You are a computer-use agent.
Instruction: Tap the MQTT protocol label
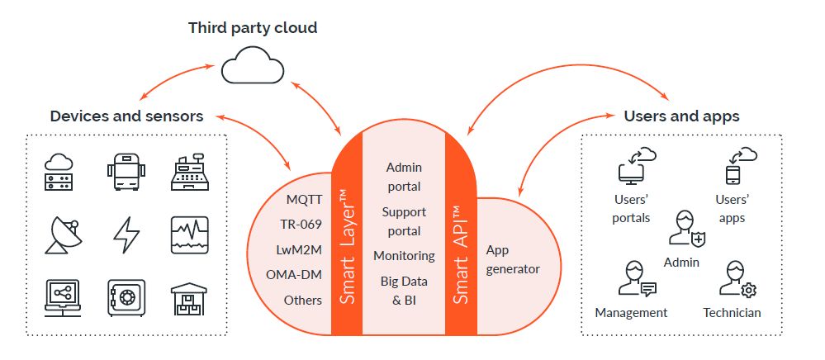pyautogui.click(x=304, y=200)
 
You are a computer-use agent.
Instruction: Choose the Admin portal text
pyautogui.click(x=403, y=176)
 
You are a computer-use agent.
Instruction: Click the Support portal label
pyautogui.click(x=403, y=221)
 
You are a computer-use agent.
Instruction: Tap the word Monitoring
pyautogui.click(x=404, y=256)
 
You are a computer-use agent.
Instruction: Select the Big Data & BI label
pyautogui.click(x=404, y=290)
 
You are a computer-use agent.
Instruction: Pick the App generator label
pyautogui.click(x=512, y=259)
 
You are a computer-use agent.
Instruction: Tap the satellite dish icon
pyautogui.click(x=61, y=234)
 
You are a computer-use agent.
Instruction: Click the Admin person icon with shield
pyautogui.click(x=687, y=229)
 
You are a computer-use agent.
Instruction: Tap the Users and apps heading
pyautogui.click(x=681, y=116)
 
